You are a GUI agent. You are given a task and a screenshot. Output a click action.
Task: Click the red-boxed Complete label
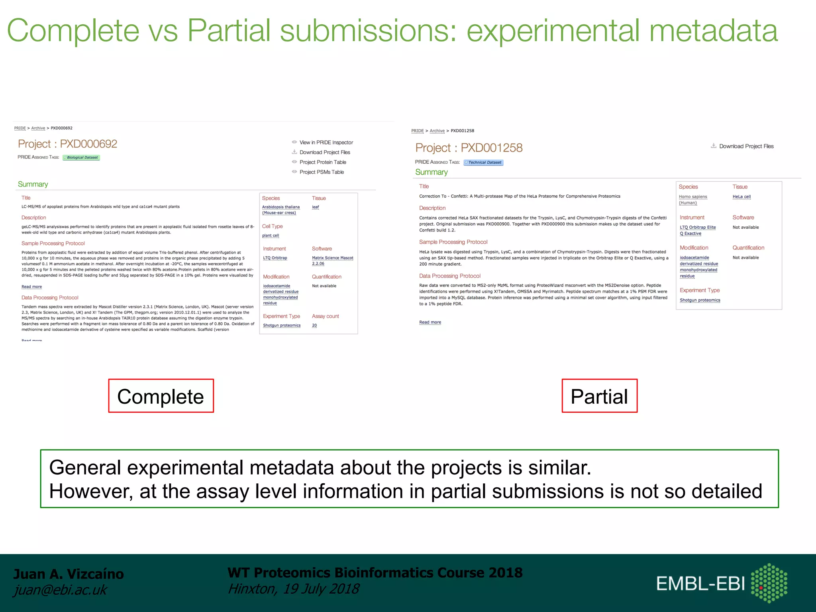click(x=161, y=396)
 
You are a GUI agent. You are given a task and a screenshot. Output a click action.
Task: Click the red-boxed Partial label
click(x=599, y=396)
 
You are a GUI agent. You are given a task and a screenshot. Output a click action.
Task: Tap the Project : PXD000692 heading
click(x=67, y=144)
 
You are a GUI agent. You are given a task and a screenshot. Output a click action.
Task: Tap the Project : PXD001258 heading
click(x=469, y=148)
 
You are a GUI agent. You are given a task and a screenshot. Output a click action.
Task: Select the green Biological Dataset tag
click(x=82, y=157)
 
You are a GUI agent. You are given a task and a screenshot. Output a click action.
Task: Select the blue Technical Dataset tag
click(x=484, y=163)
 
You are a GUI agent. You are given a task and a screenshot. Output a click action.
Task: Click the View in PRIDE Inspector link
click(x=326, y=142)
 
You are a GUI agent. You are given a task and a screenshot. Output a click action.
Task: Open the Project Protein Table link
click(x=322, y=162)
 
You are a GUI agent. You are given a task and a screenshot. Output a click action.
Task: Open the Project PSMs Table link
click(x=321, y=172)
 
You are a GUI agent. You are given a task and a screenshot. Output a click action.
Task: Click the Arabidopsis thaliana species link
click(x=280, y=207)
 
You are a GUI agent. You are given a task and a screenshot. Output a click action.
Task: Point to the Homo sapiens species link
click(x=692, y=197)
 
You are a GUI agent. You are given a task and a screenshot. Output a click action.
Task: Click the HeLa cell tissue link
click(x=741, y=197)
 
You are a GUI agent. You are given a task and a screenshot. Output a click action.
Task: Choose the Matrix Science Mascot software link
click(x=332, y=258)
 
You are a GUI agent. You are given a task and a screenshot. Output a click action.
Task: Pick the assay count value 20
click(x=314, y=326)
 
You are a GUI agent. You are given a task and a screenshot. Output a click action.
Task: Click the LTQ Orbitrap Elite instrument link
click(x=697, y=228)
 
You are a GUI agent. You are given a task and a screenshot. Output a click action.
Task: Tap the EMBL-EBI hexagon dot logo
click(x=769, y=583)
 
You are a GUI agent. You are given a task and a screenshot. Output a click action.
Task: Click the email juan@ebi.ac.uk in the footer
click(x=60, y=590)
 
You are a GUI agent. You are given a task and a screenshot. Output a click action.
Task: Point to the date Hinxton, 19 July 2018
click(x=293, y=589)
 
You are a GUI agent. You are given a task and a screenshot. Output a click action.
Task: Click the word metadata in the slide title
click(x=713, y=31)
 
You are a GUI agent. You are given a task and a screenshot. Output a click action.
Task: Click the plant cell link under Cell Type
click(x=271, y=235)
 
